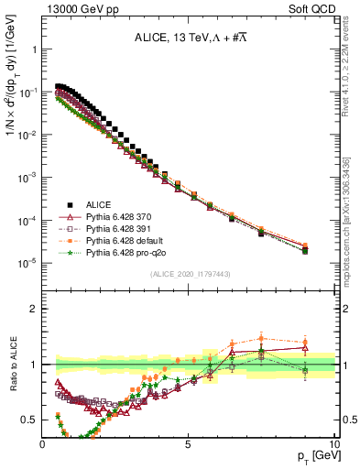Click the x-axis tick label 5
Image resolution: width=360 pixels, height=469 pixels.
coord(188,444)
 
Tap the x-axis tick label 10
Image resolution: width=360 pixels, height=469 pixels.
coord(333,444)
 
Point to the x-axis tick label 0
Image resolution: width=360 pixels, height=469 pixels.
coord(43,444)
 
